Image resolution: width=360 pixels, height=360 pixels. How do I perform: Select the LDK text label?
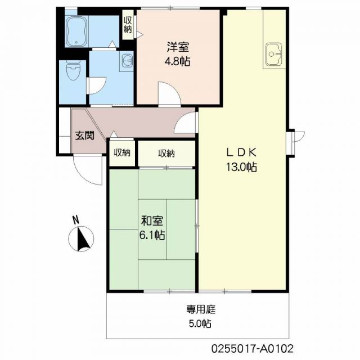[241, 152]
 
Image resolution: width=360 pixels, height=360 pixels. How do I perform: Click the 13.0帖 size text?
[241, 167]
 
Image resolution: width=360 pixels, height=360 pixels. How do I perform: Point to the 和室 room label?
[152, 221]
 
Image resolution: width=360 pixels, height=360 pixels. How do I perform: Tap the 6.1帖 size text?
[152, 236]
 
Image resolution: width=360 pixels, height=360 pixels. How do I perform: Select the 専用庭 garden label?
[199, 309]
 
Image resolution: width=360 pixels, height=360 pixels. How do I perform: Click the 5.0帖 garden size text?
[199, 324]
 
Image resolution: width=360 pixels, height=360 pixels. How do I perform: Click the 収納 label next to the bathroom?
[128, 24]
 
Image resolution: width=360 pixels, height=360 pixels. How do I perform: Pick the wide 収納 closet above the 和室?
[166, 153]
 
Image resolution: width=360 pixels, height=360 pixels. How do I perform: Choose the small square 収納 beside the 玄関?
[122, 153]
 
